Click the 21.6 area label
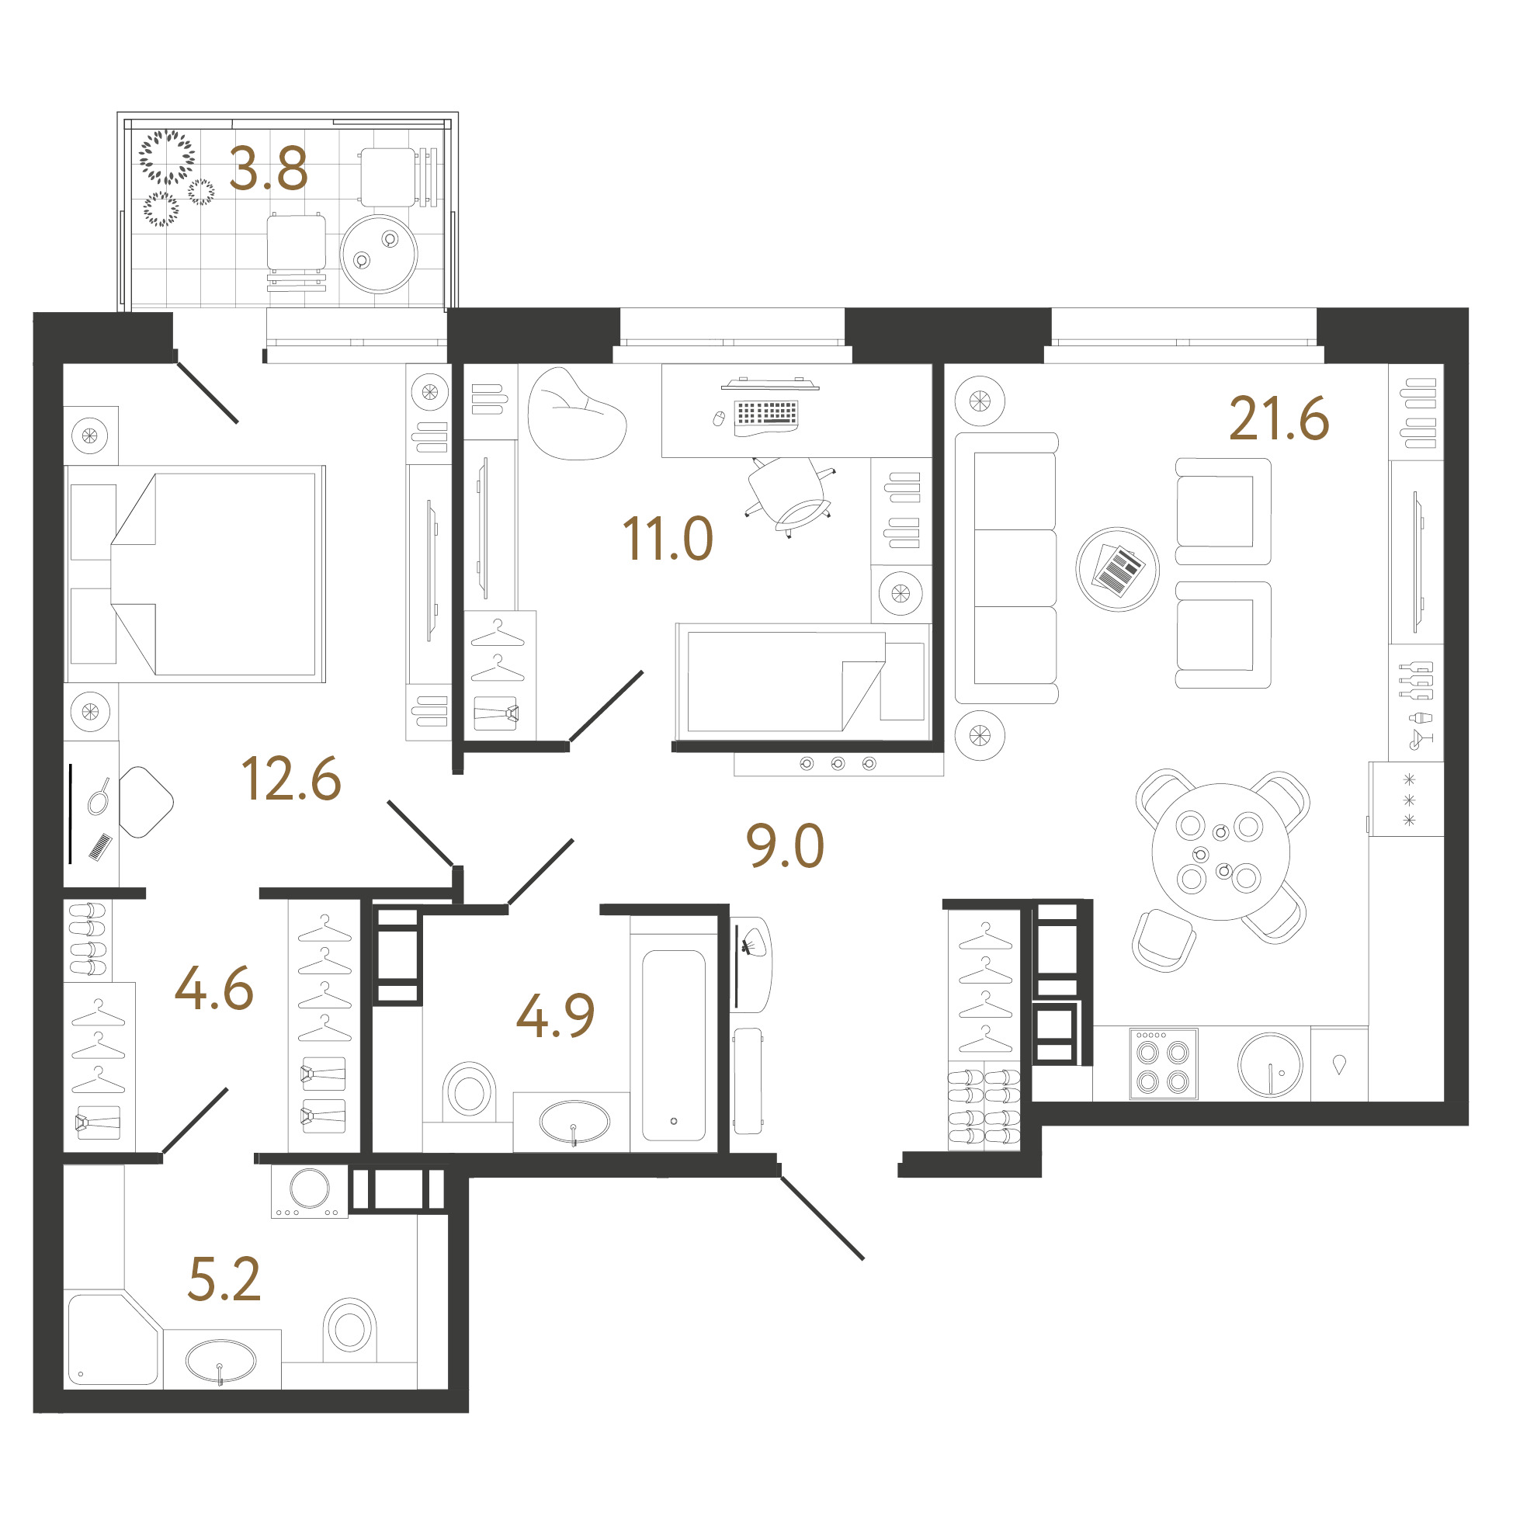[x=1279, y=419]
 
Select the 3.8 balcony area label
[x=269, y=169]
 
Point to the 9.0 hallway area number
[x=785, y=846]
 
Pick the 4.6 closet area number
[x=213, y=988]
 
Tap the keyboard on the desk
[x=766, y=414]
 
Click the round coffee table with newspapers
[x=1117, y=569]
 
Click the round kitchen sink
[x=1269, y=1065]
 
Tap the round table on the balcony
[x=379, y=254]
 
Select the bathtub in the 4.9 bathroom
[x=674, y=1046]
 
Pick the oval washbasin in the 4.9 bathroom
[x=574, y=1123]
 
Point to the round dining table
[x=1220, y=852]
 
